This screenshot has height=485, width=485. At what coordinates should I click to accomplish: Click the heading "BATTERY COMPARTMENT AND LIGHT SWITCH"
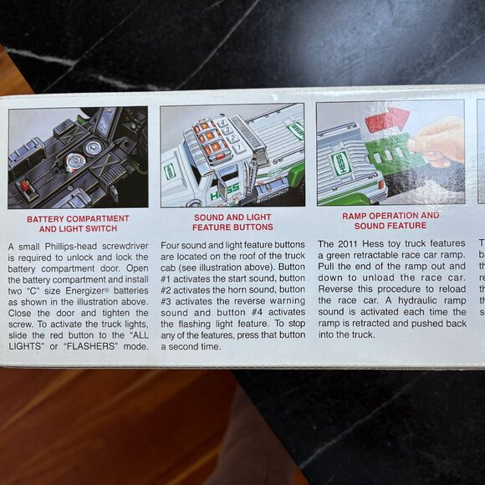[x=78, y=223]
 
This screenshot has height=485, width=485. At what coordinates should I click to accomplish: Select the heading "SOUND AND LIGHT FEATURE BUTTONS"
[x=232, y=222]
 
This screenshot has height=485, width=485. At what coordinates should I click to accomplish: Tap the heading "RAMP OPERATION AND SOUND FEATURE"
[x=391, y=220]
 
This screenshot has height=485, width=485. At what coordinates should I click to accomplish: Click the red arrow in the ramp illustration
[x=386, y=120]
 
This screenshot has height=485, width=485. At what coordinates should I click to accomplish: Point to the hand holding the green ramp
[x=441, y=138]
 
